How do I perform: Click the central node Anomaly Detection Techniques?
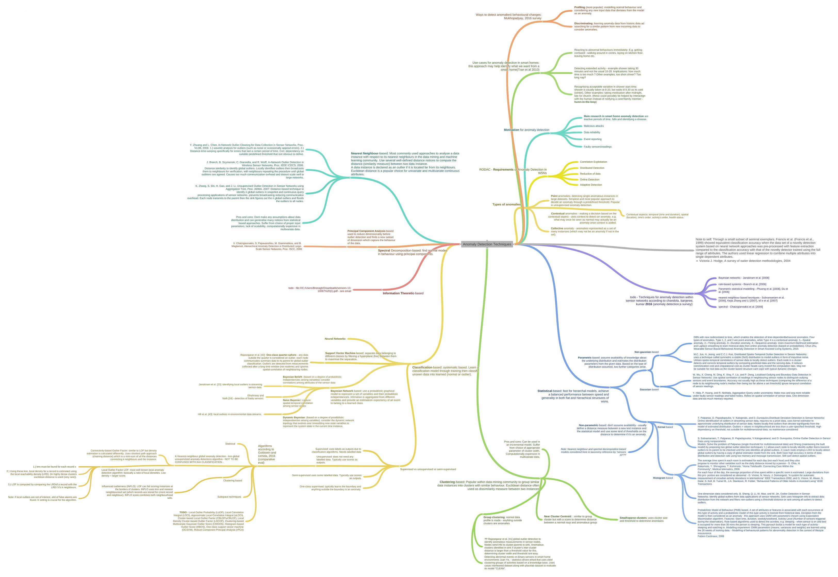(487, 244)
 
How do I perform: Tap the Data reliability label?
(592, 132)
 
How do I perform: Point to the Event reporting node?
(593, 139)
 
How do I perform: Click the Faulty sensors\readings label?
(597, 147)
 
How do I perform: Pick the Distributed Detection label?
(592, 168)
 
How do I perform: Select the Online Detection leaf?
(589, 180)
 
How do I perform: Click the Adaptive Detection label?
(591, 185)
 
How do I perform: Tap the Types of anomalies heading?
(506, 205)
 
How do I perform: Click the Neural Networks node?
(335, 339)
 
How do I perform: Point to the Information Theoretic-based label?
(403, 294)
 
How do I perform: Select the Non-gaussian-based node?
(646, 352)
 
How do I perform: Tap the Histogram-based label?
(663, 478)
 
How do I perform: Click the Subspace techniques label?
(229, 497)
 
